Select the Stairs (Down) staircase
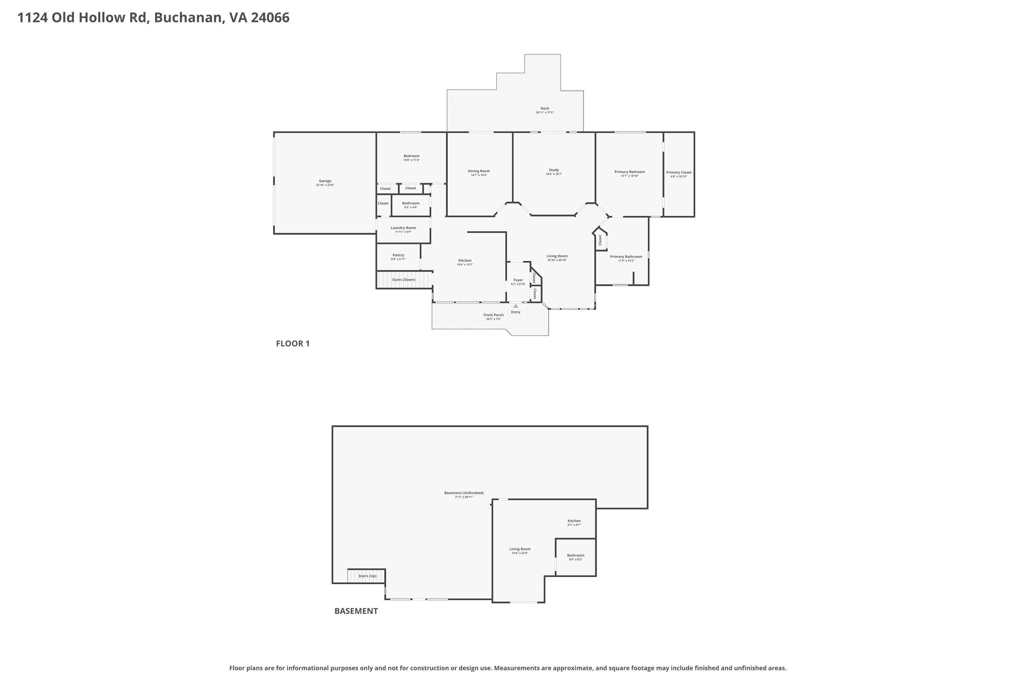(x=404, y=280)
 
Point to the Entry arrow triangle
(x=515, y=306)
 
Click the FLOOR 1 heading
(x=293, y=343)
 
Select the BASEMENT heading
(x=356, y=611)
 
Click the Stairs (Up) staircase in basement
(x=366, y=576)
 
